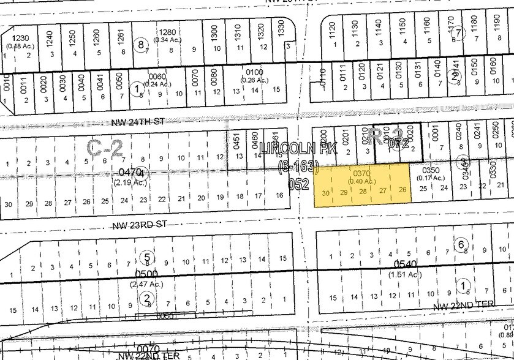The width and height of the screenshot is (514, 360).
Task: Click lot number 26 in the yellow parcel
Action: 402,190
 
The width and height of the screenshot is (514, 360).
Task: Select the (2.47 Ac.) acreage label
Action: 146,285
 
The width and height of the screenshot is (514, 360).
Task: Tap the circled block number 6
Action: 461,244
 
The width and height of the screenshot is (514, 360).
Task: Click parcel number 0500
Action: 147,274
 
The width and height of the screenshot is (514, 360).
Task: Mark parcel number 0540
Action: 405,264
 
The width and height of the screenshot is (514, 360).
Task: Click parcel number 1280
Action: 167,32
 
